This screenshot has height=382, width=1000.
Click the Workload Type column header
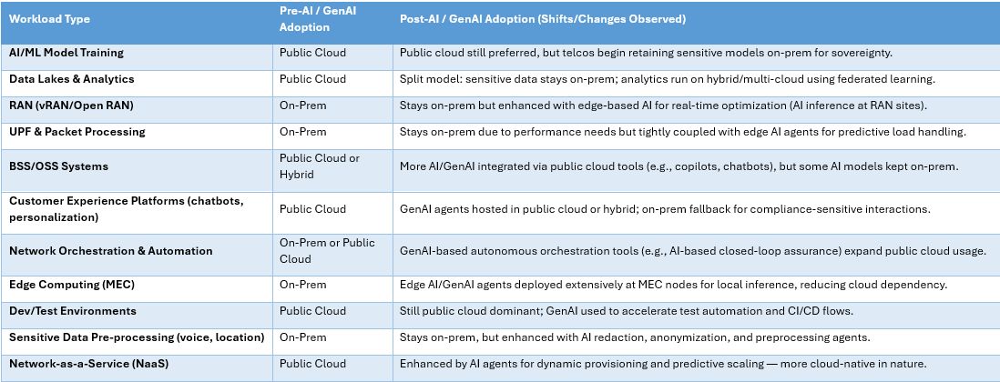[49, 19]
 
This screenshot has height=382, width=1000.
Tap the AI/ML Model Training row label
[66, 53]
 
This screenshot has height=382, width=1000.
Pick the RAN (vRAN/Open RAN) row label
[71, 106]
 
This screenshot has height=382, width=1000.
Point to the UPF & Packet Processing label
[77, 132]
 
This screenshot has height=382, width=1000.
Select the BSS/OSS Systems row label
[58, 166]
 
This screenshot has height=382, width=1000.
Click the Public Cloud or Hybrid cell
[320, 166]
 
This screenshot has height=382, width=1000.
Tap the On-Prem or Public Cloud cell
[327, 251]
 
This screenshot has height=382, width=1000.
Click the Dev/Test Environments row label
[73, 311]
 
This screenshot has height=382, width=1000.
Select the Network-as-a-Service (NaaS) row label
[89, 364]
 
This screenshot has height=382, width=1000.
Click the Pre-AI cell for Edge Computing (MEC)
[303, 285]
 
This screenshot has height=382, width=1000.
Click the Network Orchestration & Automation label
[111, 251]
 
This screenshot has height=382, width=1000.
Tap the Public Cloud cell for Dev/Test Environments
[312, 311]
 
